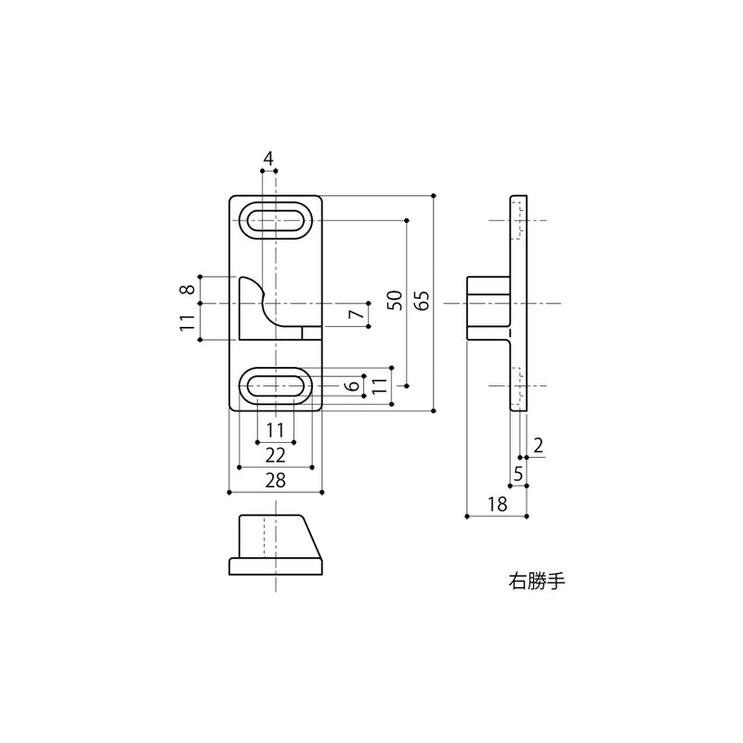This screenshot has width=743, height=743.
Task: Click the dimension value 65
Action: (424, 299)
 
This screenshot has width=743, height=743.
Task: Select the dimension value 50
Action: (396, 300)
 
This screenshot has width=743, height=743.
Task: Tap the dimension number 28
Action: (275, 480)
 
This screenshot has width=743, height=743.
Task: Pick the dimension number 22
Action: (275, 455)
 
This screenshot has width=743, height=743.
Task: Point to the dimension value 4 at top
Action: (268, 159)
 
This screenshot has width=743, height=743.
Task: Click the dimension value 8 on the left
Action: (189, 289)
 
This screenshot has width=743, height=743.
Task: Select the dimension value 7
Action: (357, 313)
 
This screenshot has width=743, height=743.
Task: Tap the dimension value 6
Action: (353, 386)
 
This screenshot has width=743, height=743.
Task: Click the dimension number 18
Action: (498, 504)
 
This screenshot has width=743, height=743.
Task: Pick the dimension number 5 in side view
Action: (518, 474)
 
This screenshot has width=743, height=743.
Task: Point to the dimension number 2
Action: (539, 446)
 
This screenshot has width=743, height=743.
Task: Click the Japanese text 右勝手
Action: (538, 581)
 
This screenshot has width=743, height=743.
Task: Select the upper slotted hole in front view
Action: (276, 220)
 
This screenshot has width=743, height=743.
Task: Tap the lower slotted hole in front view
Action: (276, 386)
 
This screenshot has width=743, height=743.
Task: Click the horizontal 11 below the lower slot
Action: (275, 430)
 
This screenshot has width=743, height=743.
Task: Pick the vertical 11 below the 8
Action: (189, 322)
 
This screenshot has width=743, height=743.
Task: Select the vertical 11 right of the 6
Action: (380, 386)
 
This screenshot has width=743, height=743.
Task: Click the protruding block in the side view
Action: (489, 308)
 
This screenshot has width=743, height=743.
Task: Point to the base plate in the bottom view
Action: (276, 567)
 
